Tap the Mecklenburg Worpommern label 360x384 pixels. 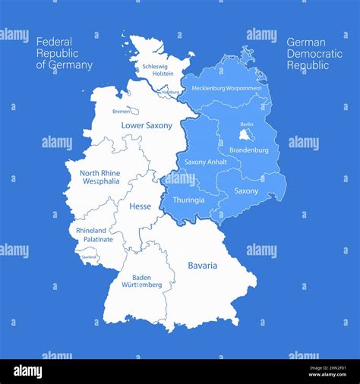coord(226,88)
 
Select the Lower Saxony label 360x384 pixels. coord(147,125)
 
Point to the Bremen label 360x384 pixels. coord(122,112)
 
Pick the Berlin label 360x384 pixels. coord(246,124)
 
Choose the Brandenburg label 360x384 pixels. coord(248,150)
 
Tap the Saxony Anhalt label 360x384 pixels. coord(206,162)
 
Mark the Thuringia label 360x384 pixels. coord(188,200)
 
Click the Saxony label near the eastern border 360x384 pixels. coord(246,191)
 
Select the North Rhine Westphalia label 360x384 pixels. coord(99,178)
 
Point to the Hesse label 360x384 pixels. coord(140,206)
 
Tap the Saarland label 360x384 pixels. coord(90,257)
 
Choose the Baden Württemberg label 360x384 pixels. coord(142,282)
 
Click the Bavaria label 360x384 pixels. coord(202,266)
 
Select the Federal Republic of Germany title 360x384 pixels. coord(65,54)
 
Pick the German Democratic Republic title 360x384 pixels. coord(314,54)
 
